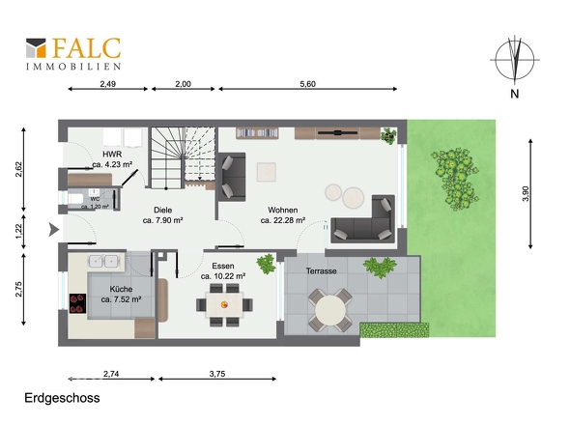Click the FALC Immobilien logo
73,53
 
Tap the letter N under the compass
514,94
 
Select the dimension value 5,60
307,84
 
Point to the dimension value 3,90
526,194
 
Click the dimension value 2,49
108,84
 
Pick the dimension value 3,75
217,374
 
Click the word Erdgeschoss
62,398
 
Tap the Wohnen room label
283,211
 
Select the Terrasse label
322,270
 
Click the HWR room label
112,155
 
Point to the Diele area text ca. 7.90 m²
162,220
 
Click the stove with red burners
78,303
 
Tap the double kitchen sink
103,261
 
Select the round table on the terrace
330,310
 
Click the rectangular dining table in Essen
225,304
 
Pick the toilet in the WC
75,199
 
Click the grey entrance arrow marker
54,230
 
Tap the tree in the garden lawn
455,179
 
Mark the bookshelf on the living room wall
257,132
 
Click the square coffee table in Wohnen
267,172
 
